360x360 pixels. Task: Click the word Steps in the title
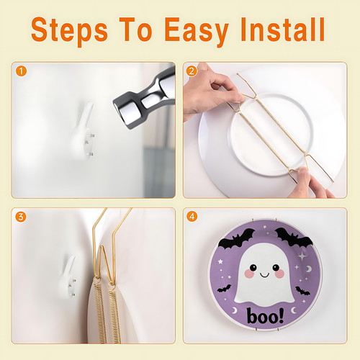click(x=69, y=30)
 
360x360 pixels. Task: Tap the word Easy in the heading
click(x=197, y=30)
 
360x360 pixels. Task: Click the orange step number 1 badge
click(x=21, y=71)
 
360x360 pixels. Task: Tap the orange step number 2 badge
click(x=192, y=71)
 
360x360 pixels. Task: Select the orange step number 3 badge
click(x=21, y=217)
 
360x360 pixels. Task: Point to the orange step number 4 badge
click(x=192, y=217)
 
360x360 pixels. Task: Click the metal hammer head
click(x=145, y=99)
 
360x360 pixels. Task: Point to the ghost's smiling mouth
click(x=264, y=275)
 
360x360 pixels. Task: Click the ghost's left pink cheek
click(x=250, y=274)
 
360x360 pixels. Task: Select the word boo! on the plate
click(x=266, y=316)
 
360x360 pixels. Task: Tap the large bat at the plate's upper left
click(x=236, y=238)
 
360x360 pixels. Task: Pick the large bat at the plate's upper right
click(x=294, y=237)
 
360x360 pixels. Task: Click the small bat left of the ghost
click(x=225, y=289)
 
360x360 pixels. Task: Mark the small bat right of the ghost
click(x=302, y=291)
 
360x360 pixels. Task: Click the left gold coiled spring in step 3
click(x=101, y=312)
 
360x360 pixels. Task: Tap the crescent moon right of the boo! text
click(x=293, y=310)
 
